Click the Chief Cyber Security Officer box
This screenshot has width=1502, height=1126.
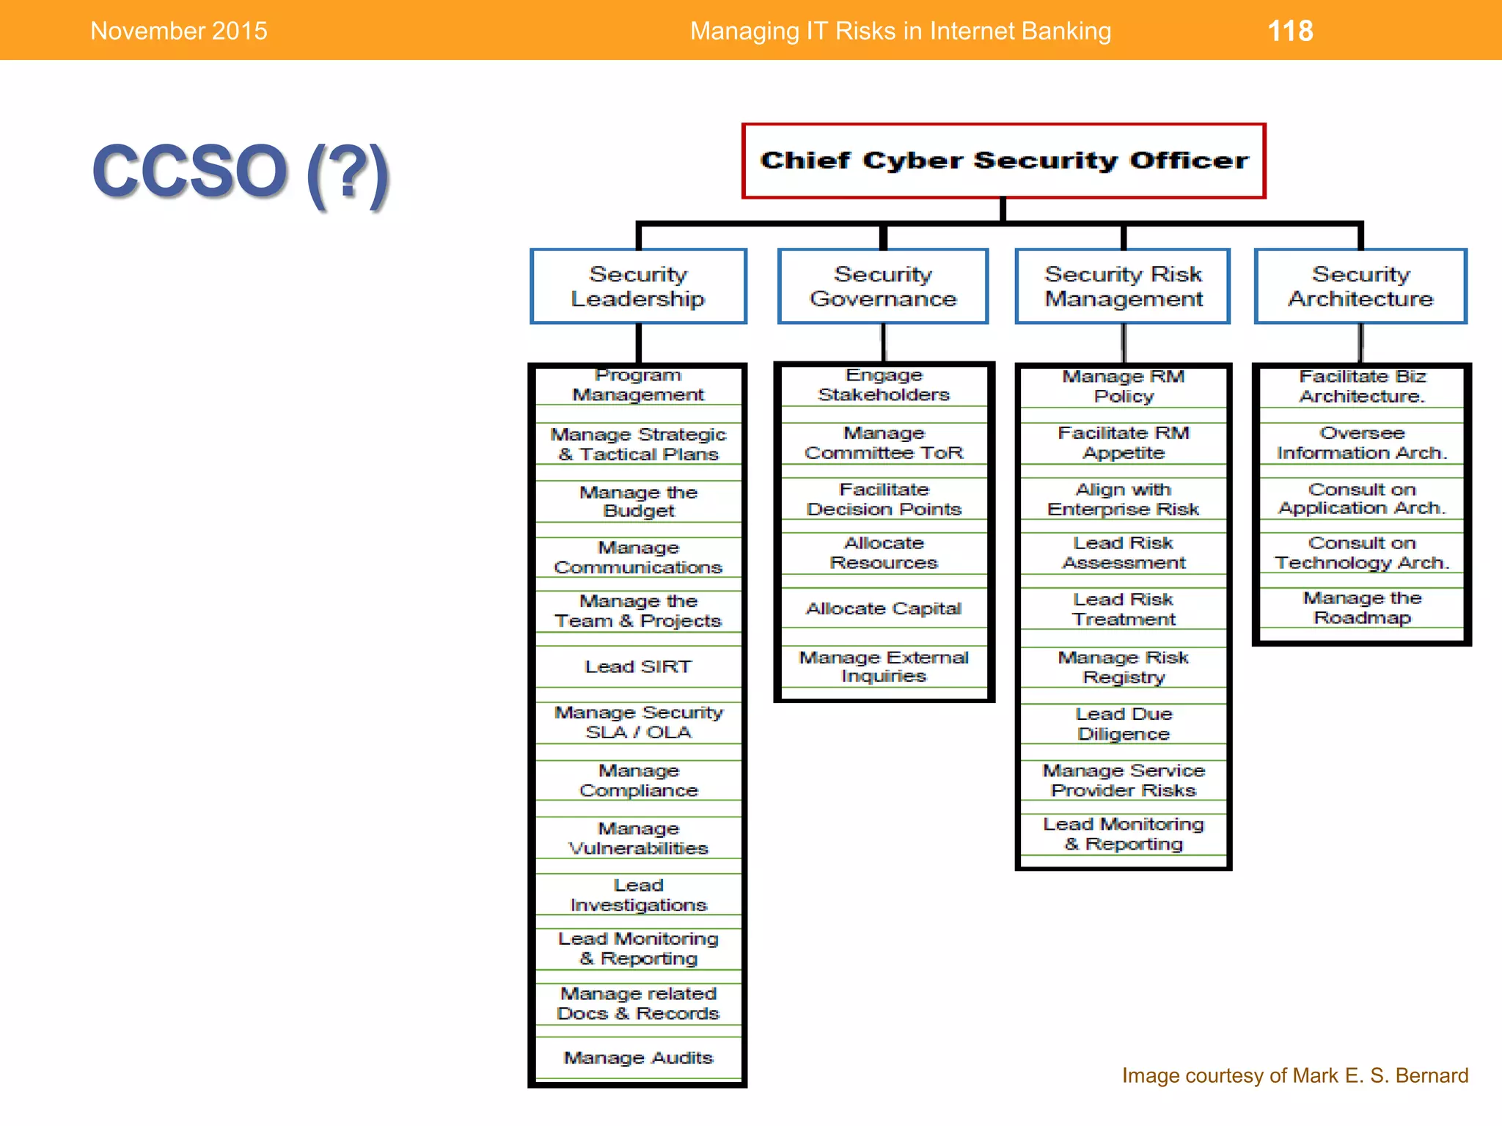[x=1003, y=161]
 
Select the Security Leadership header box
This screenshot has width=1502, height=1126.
[x=638, y=286]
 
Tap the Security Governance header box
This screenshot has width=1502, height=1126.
[x=883, y=286]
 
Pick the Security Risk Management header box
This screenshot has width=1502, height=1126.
[x=1123, y=286]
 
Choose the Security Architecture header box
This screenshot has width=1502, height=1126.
[x=1360, y=286]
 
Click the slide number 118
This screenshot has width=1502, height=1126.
[x=1290, y=31]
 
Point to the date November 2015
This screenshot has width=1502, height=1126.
[x=178, y=31]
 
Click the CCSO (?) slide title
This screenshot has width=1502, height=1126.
[x=240, y=172]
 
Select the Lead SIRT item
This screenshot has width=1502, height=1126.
[x=638, y=666]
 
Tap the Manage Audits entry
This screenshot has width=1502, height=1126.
[x=638, y=1057]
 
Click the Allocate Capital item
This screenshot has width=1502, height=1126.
[x=883, y=608]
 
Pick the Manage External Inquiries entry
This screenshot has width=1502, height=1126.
[x=883, y=666]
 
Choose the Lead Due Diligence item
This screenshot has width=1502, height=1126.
[x=1123, y=724]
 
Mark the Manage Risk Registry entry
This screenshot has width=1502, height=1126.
[x=1123, y=667]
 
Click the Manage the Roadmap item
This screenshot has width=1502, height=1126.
[x=1361, y=608]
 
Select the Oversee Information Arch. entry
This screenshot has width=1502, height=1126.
[x=1361, y=443]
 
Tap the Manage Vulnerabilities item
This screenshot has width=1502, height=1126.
[x=638, y=838]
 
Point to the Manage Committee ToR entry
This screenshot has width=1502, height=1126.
[x=883, y=443]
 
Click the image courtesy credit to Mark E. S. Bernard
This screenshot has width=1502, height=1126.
[x=1294, y=1075]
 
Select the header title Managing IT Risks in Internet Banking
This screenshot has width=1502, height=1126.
[x=900, y=31]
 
